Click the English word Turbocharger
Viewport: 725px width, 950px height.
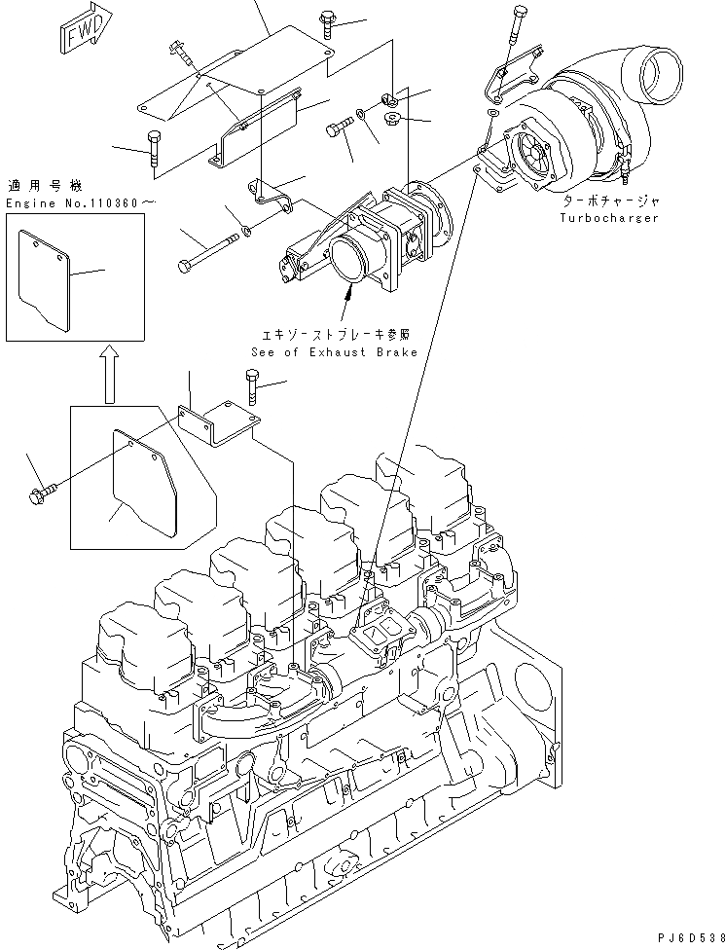pyautogui.click(x=609, y=218)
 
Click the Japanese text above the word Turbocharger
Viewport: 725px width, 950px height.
pyautogui.click(x=612, y=201)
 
